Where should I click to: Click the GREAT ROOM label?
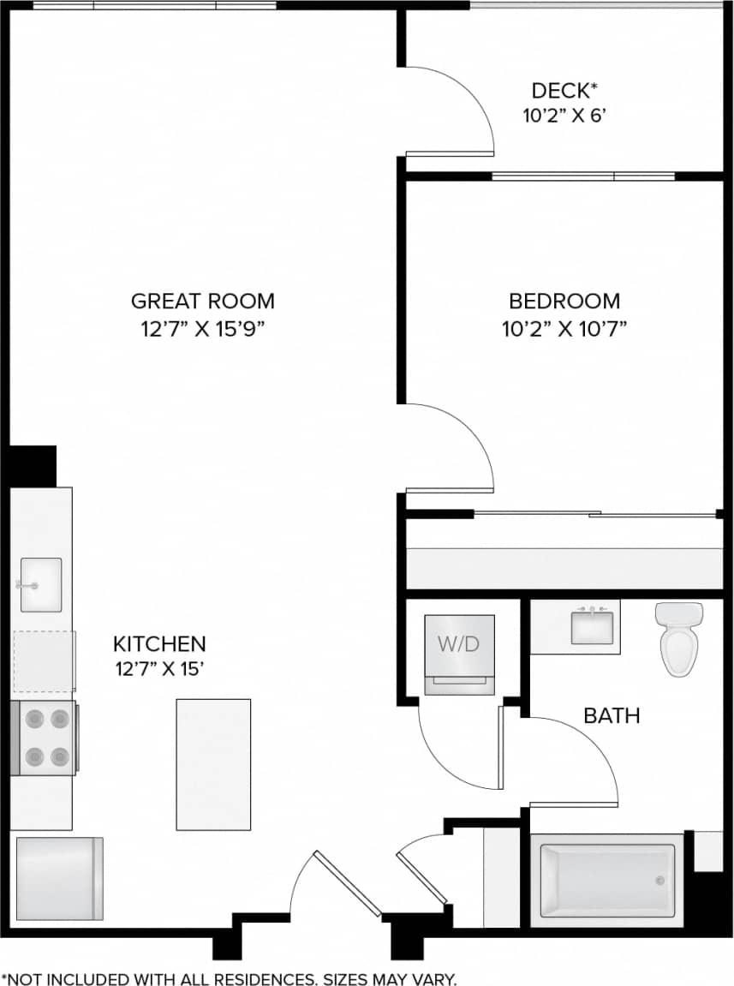pyautogui.click(x=203, y=301)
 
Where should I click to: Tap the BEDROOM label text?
pyautogui.click(x=564, y=301)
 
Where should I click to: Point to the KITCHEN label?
pyautogui.click(x=160, y=643)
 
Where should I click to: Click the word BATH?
pyautogui.click(x=612, y=715)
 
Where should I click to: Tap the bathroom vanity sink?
pyautogui.click(x=592, y=626)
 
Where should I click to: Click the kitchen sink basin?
pyautogui.click(x=41, y=584)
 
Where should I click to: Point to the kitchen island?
pyautogui.click(x=213, y=764)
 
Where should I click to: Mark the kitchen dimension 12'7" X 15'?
pyautogui.click(x=160, y=671)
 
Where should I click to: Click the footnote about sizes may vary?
pyautogui.click(x=230, y=978)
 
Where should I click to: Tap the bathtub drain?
pyautogui.click(x=659, y=881)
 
